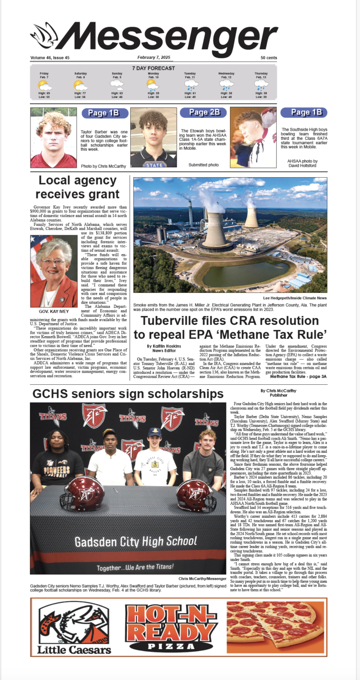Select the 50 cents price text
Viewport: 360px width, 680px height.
269,58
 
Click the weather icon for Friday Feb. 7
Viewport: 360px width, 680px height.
45,85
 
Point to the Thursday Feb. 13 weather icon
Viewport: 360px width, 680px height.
261,85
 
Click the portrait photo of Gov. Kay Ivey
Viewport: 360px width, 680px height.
54,271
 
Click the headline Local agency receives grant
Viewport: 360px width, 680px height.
79,187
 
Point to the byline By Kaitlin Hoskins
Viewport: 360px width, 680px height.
162,346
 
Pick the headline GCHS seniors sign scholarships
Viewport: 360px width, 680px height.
128,394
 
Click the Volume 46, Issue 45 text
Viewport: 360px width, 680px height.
50,58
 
